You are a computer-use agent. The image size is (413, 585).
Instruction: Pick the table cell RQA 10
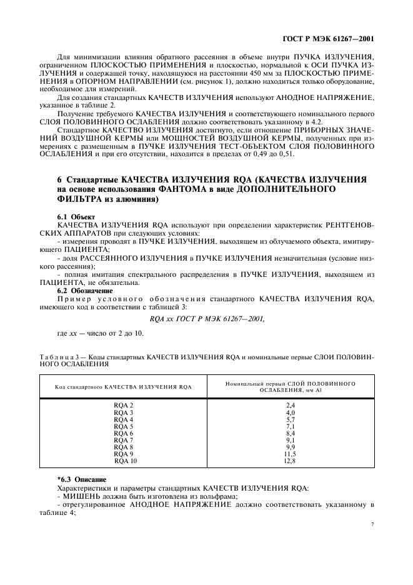125,461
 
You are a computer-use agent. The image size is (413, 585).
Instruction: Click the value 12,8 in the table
290,461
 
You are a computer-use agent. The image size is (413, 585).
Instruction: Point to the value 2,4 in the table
290,406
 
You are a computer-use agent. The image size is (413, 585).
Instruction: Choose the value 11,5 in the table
290,454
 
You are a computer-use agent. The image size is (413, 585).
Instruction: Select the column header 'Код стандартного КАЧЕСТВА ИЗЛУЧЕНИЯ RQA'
123,387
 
